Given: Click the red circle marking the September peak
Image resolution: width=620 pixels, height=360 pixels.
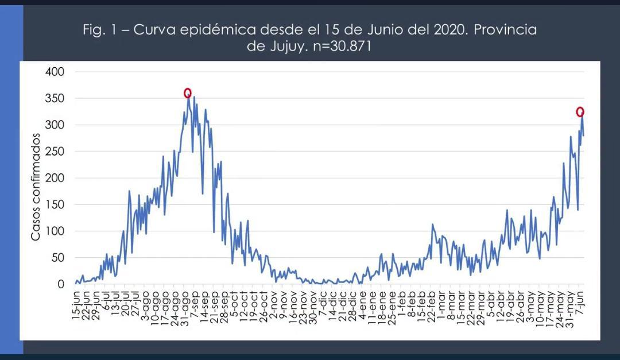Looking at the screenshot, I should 188,93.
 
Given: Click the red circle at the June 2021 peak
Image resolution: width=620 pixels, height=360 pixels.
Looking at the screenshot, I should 580,112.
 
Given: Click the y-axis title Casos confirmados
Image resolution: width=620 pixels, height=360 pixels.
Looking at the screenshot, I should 36,187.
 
